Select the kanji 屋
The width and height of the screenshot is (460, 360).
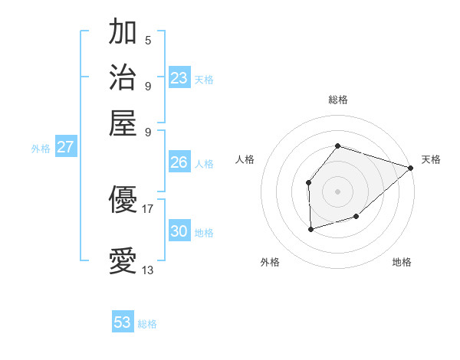pyautogui.click(x=123, y=122)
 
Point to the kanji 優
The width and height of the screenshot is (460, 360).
pyautogui.click(x=123, y=201)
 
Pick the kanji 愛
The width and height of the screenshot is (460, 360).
pyautogui.click(x=123, y=260)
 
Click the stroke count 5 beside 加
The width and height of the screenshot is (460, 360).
pyautogui.click(x=148, y=41)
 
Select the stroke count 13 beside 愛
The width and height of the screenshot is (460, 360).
pyautogui.click(x=148, y=270)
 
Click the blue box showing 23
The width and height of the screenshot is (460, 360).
pyautogui.click(x=179, y=78)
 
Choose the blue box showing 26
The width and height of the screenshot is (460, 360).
pyautogui.click(x=179, y=162)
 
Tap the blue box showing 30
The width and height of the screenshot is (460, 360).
pyautogui.click(x=179, y=231)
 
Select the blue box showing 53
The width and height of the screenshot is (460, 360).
pyautogui.click(x=123, y=322)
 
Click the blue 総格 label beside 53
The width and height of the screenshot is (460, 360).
pyautogui.click(x=147, y=324)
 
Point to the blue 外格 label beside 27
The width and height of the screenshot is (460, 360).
pyautogui.click(x=41, y=149)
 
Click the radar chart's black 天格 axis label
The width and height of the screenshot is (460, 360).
pyautogui.click(x=431, y=159)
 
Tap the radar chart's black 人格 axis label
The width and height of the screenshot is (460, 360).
pyautogui.click(x=245, y=159)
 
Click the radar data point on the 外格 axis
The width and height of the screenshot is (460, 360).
pyautogui.click(x=310, y=229)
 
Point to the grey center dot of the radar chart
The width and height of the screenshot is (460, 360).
pyautogui.click(x=337, y=191)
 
